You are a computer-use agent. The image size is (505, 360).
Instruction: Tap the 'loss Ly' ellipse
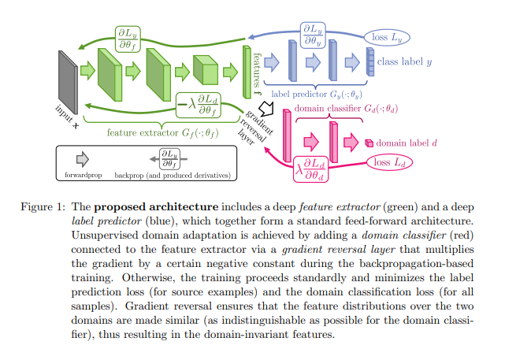pos(385,36)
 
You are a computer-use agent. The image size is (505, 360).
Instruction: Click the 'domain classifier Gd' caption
pos(346,108)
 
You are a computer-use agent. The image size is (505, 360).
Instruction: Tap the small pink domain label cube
pos(369,143)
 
